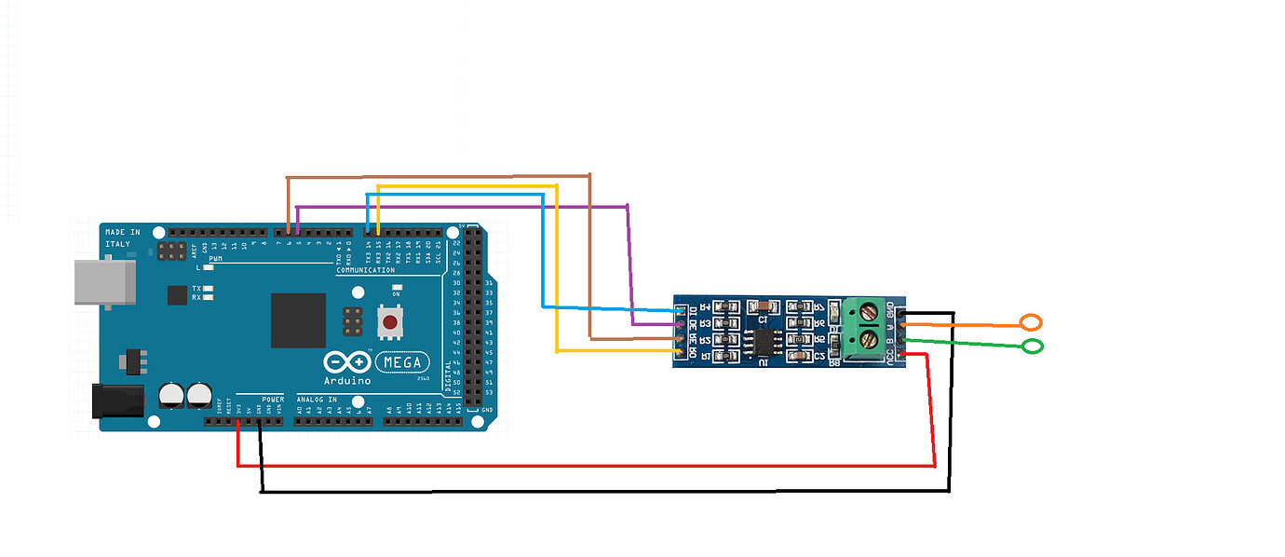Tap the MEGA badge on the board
pyautogui.click(x=403, y=362)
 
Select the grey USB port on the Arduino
pyautogui.click(x=103, y=282)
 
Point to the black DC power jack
pyautogui.click(x=117, y=401)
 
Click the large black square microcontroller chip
pyautogui.click(x=298, y=320)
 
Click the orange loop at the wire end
pyautogui.click(x=1031, y=323)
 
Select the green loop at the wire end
pyautogui.click(x=1033, y=347)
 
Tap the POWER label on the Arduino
pyautogui.click(x=273, y=400)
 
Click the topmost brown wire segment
pyautogui.click(x=438, y=175)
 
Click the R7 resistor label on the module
pyautogui.click(x=819, y=306)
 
